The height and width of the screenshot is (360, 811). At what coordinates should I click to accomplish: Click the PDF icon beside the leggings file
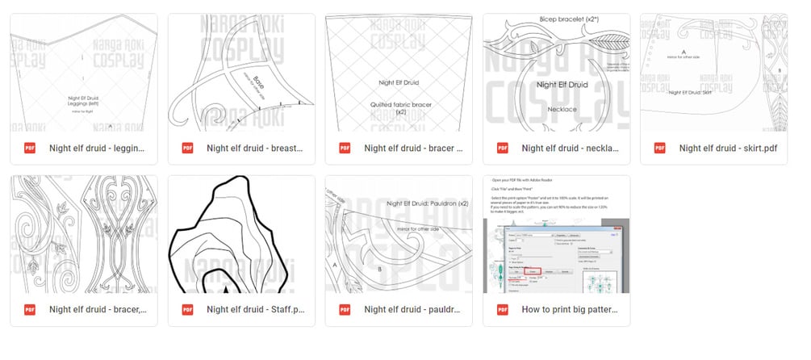30,148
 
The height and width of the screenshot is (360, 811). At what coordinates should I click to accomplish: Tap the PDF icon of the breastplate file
187,148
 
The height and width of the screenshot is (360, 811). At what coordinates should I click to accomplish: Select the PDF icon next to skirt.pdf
660,148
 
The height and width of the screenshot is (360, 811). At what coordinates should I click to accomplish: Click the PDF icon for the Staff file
187,309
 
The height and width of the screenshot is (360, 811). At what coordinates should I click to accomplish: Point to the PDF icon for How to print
503,309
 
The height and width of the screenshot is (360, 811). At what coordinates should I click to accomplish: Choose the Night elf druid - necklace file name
570,148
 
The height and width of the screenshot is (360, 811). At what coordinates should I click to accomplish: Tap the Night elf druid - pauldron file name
412,309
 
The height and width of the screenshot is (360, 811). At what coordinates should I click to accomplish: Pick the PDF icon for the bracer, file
30,309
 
